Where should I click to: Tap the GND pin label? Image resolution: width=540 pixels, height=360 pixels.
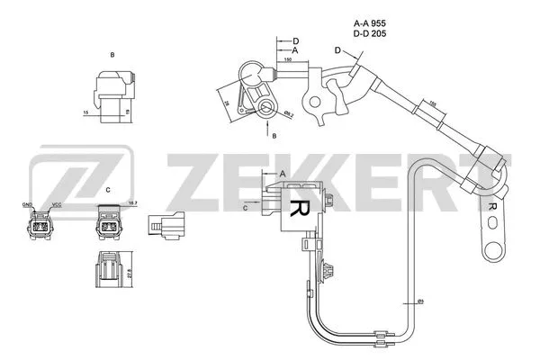pos(27,204)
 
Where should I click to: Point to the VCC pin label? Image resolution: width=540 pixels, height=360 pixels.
pos(57,204)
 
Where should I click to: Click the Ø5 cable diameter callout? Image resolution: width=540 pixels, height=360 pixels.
pos(420,301)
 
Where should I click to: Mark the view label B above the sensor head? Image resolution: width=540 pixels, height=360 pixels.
pos(112,56)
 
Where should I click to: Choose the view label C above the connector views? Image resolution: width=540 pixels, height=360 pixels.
pos(108,190)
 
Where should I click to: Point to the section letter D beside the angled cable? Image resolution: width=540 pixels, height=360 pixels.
pos(337,49)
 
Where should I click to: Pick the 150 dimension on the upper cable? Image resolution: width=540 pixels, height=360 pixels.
pos(287,59)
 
